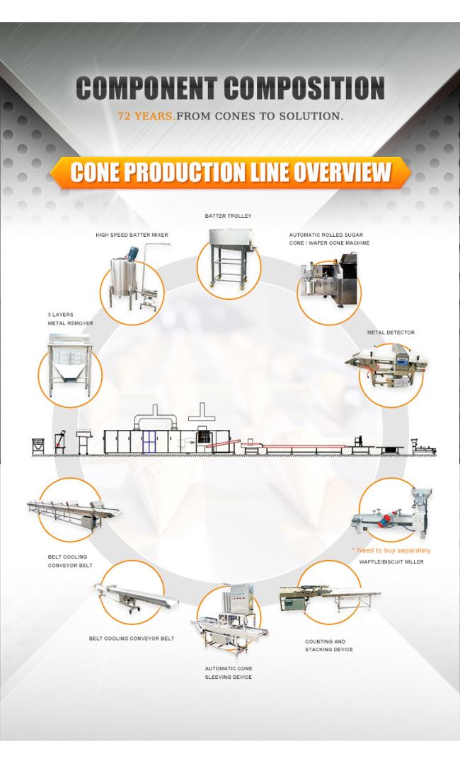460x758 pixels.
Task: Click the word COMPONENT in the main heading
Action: [x=146, y=88]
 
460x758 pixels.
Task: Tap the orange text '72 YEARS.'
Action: [x=146, y=116]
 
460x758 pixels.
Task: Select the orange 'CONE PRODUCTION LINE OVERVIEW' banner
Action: [x=230, y=172]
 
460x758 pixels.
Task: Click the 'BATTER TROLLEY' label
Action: [x=228, y=216]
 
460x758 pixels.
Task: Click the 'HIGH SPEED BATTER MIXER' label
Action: [x=132, y=235]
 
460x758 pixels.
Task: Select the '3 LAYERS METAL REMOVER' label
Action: [x=71, y=319]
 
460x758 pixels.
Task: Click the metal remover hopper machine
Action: [x=69, y=366]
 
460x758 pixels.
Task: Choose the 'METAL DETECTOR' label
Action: [x=391, y=332]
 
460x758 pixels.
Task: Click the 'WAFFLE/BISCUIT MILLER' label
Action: [x=391, y=561]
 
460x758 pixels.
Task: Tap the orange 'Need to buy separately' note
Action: [x=391, y=550]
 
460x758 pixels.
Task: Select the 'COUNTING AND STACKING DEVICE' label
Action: [x=329, y=646]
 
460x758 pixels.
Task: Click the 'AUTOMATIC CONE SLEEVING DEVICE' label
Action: [x=229, y=673]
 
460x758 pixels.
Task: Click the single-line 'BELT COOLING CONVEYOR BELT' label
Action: [x=132, y=639]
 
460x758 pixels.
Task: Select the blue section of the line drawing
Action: [x=150, y=442]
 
